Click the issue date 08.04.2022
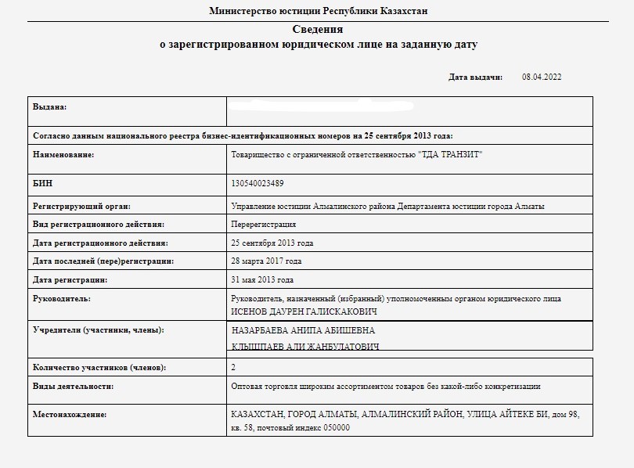[x=542, y=77]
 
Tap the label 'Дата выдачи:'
[x=475, y=77]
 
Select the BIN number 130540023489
[x=258, y=183]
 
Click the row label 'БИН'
[x=42, y=183]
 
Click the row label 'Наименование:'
[x=63, y=155]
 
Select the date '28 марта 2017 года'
[x=266, y=261]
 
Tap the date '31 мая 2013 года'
[x=263, y=280]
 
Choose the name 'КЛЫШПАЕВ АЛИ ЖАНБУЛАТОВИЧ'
[x=305, y=347]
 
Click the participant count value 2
[x=233, y=367]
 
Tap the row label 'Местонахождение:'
[x=70, y=415]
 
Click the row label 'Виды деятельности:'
[x=73, y=387]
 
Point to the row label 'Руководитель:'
[x=62, y=299]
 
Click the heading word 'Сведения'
[x=317, y=30]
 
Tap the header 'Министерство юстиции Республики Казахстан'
[x=318, y=11]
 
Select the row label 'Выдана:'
[x=49, y=106]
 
